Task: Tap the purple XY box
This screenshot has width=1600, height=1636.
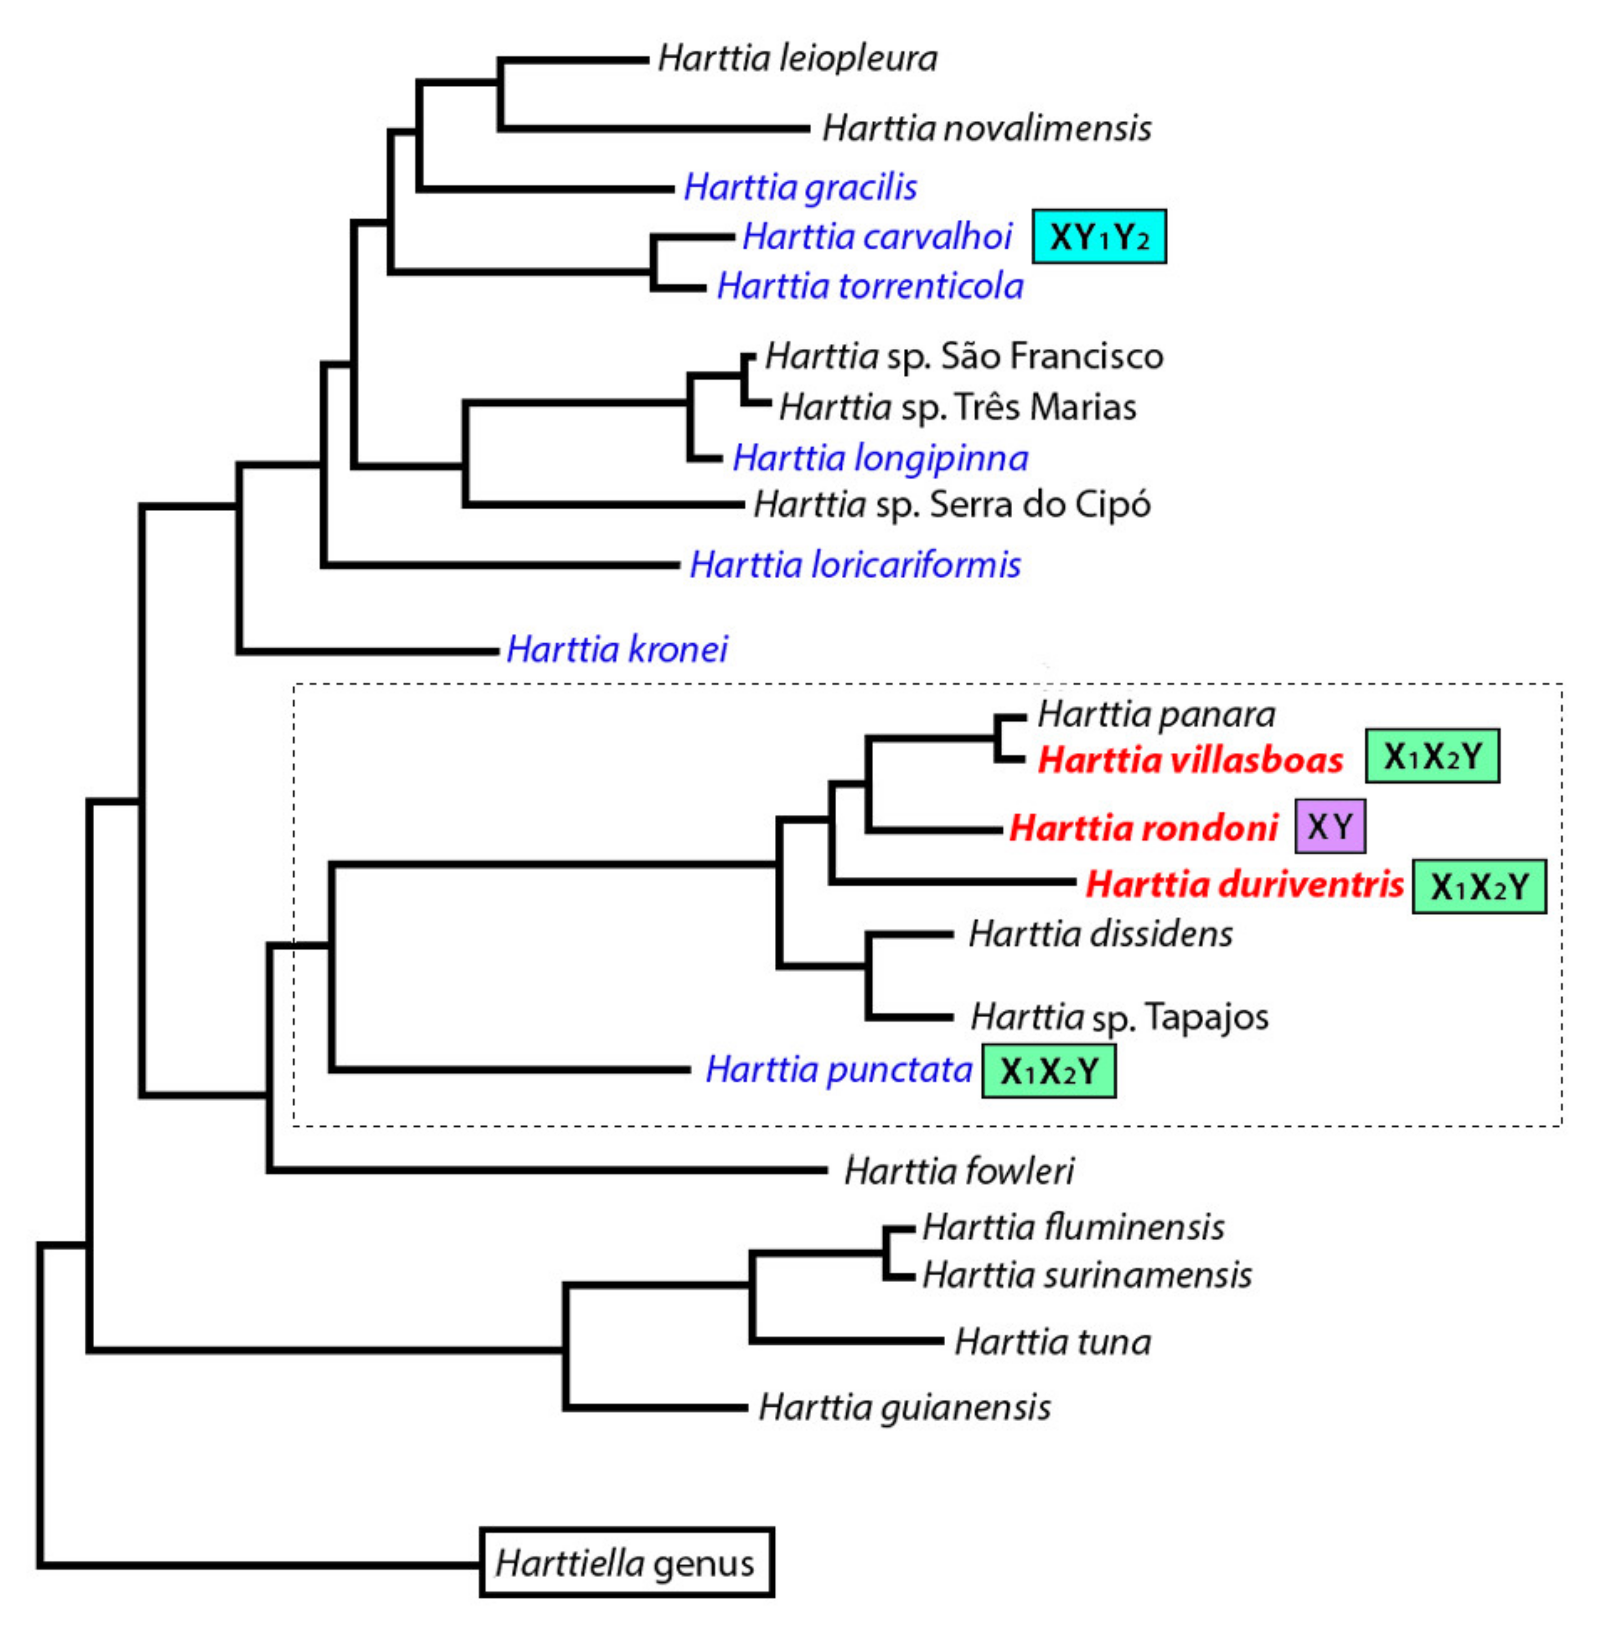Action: click(1329, 826)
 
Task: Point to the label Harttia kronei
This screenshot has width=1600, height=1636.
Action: click(617, 649)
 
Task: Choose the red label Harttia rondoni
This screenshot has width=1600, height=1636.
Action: click(1143, 828)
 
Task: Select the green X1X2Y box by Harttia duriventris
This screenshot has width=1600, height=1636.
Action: click(1478, 886)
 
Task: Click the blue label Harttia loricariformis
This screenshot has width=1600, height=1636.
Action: click(854, 565)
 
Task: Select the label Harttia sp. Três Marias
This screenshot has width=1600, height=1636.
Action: click(957, 407)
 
